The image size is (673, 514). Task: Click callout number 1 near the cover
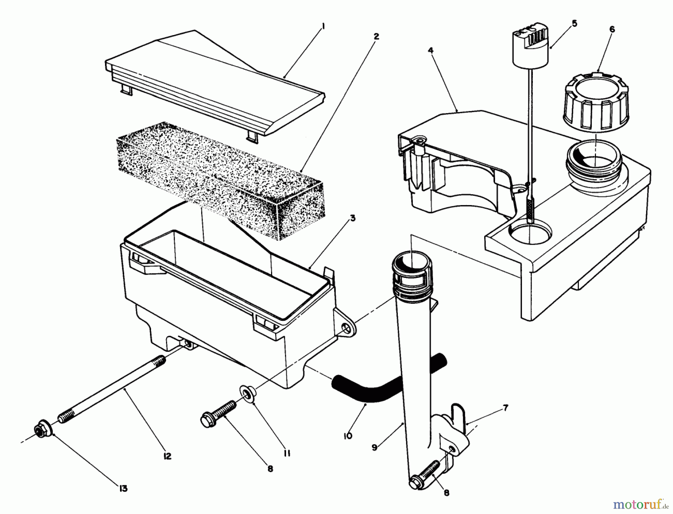point(324,27)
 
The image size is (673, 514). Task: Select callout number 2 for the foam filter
point(376,36)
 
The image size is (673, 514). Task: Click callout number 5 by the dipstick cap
point(574,24)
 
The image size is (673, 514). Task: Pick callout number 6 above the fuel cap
point(612,30)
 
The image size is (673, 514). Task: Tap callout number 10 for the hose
point(348,436)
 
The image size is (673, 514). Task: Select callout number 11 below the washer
point(287,453)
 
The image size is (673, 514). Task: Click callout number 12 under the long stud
point(167,456)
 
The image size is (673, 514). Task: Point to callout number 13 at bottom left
point(123,488)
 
